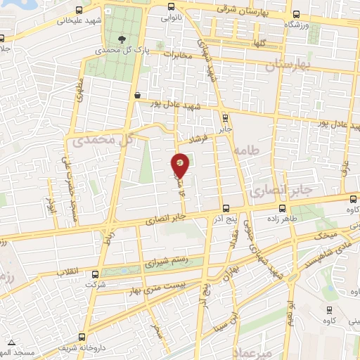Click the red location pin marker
click(x=181, y=165)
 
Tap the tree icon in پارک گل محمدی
click(x=124, y=39)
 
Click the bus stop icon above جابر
click(x=224, y=118)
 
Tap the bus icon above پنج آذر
click(x=225, y=208)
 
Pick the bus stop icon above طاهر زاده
click(x=283, y=208)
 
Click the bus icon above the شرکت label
click(x=90, y=275)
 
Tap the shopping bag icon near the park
click(x=136, y=94)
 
